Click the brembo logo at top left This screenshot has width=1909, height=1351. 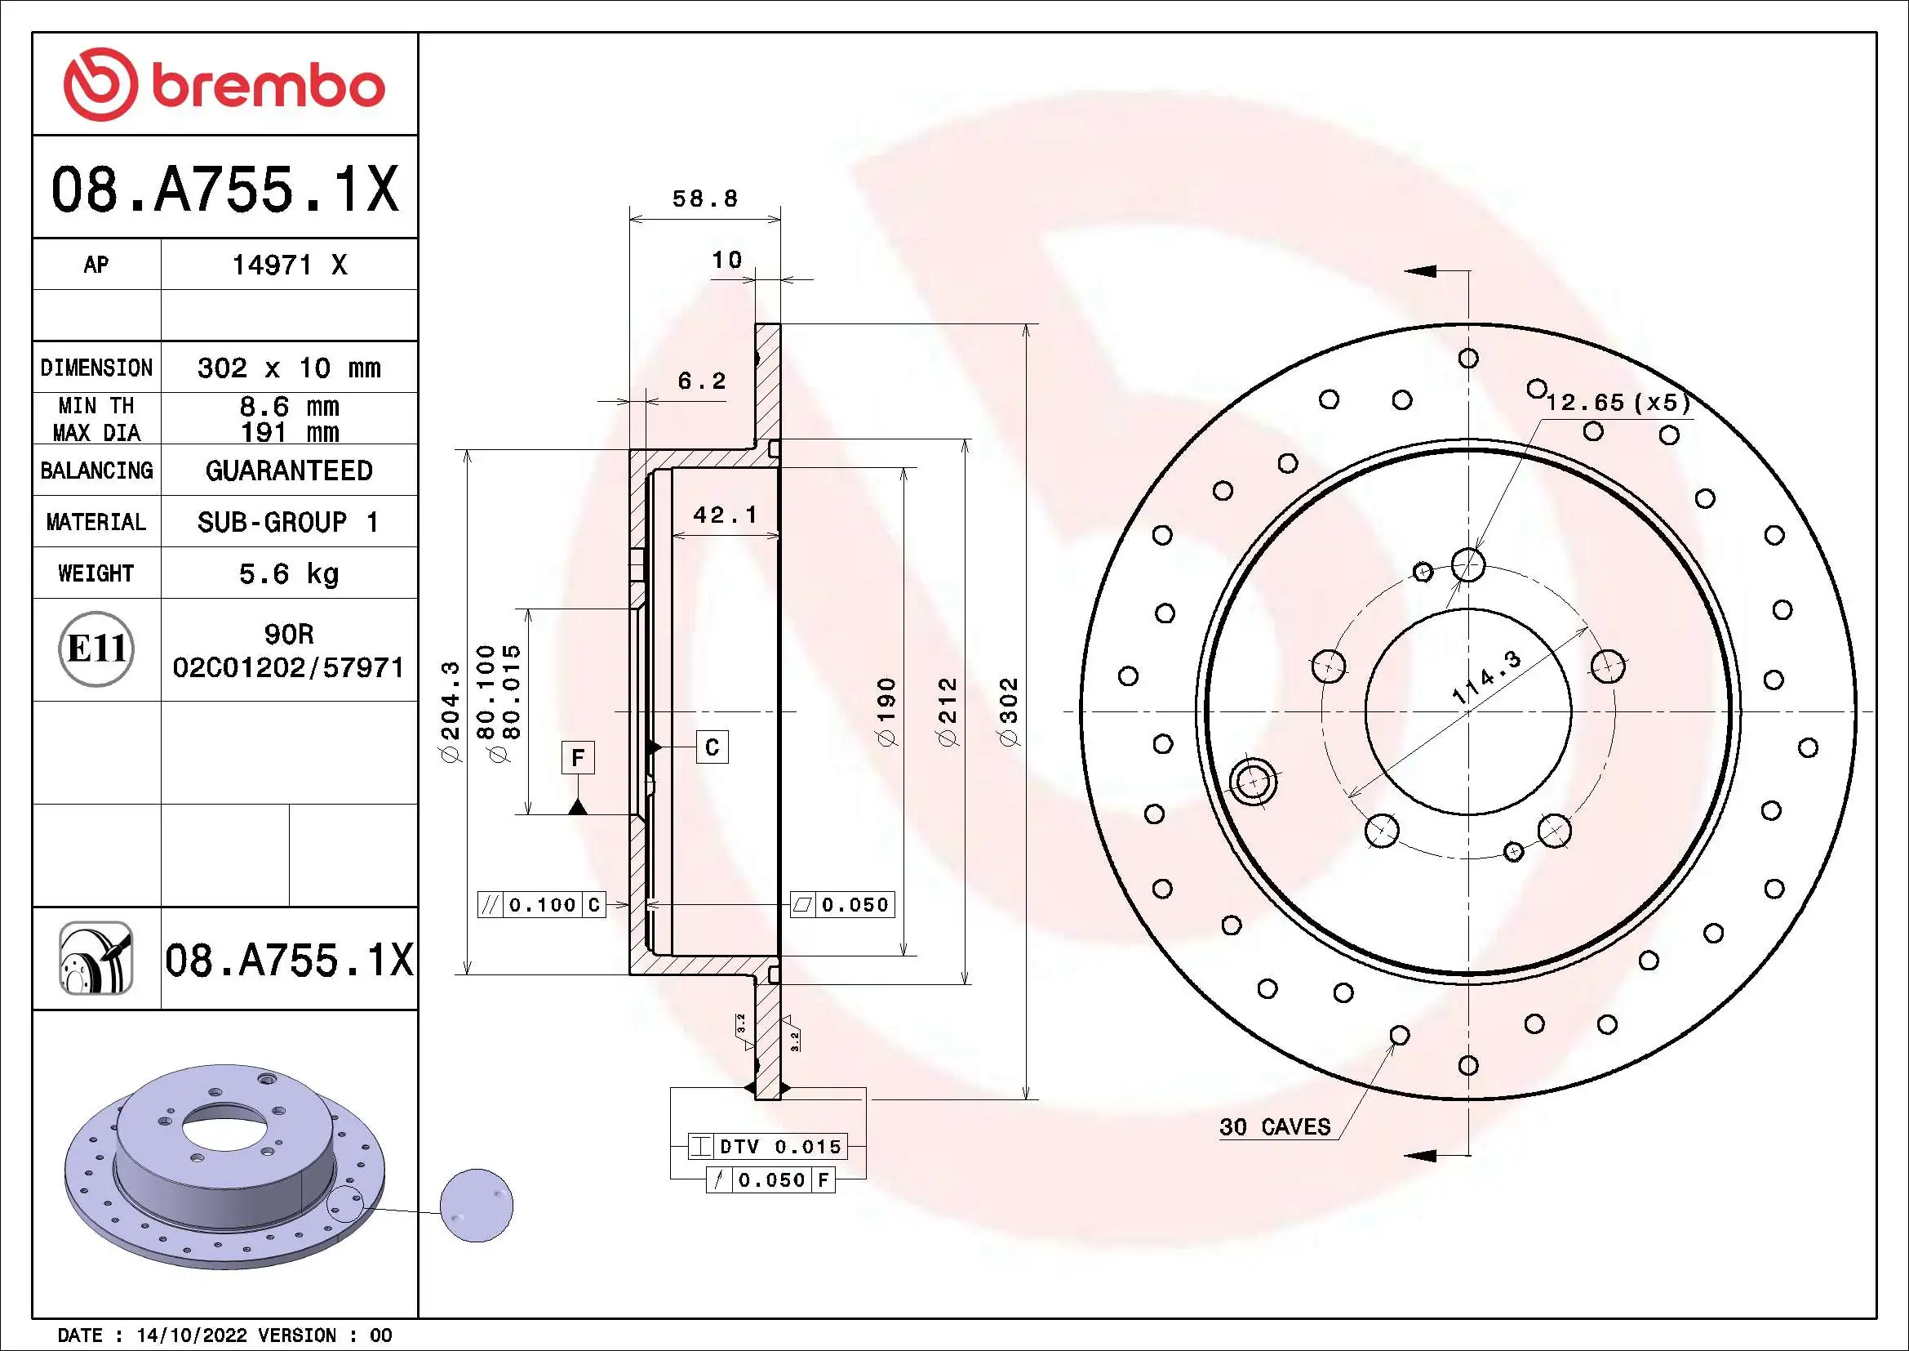tap(224, 85)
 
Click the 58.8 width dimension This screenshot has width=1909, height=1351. tap(704, 198)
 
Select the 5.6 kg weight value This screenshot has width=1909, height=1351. tap(288, 573)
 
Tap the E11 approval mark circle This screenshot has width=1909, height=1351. tap(96, 649)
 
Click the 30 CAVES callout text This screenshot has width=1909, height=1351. tap(1275, 1127)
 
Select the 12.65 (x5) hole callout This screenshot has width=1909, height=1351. tap(1618, 403)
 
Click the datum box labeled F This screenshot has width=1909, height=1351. tap(578, 758)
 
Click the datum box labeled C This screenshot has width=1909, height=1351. tap(712, 747)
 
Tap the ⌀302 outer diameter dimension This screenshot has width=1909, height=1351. tap(1008, 712)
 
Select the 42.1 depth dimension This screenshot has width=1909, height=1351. tap(725, 515)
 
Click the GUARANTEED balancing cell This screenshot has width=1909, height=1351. tap(288, 470)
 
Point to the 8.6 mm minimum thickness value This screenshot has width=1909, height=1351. tap(288, 406)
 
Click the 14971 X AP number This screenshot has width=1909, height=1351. tap(288, 265)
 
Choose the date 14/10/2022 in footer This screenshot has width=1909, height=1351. tap(191, 1335)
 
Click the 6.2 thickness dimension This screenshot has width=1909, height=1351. tap(702, 381)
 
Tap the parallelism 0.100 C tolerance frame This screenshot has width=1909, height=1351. tap(542, 904)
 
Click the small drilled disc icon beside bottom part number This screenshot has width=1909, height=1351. tap(96, 958)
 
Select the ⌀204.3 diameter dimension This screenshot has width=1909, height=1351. tap(450, 712)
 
